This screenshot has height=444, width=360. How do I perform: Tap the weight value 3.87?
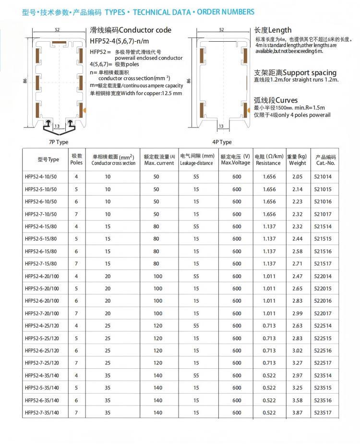coord(297,412)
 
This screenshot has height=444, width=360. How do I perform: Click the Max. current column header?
coord(159,160)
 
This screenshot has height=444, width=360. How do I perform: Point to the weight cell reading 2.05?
coord(297,176)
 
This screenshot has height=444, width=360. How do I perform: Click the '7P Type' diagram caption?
coord(58,142)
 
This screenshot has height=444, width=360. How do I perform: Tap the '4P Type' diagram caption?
coord(222,142)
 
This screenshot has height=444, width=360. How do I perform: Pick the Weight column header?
coord(297,160)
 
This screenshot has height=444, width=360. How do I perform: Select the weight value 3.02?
coord(297,350)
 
